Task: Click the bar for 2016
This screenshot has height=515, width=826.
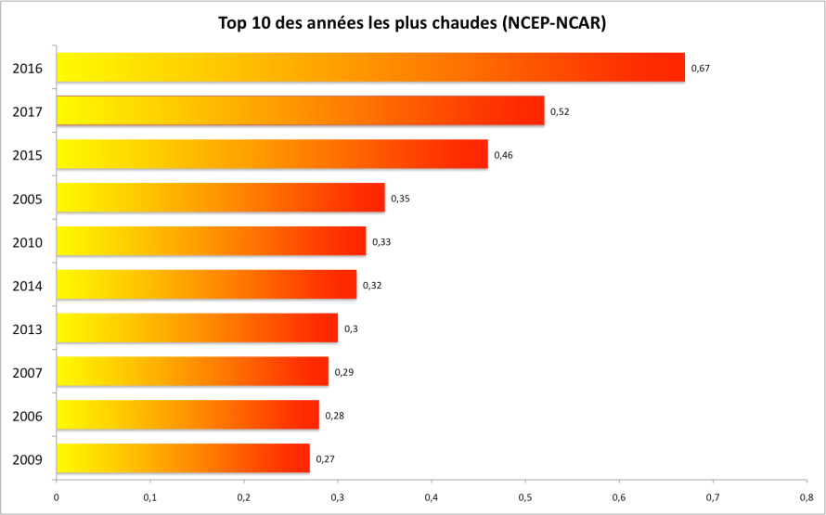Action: (x=370, y=68)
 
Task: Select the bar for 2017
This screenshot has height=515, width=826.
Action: (x=300, y=110)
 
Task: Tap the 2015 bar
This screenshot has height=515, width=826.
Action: (x=272, y=154)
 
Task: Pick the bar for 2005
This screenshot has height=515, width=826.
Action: (x=220, y=198)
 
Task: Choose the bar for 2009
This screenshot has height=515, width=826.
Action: (x=183, y=458)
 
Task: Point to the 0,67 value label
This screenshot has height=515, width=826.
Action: (x=700, y=68)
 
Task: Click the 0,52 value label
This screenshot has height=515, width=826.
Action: (x=560, y=111)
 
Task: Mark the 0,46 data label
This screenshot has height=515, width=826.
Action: (x=503, y=155)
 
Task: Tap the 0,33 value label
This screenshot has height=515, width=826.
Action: (x=381, y=242)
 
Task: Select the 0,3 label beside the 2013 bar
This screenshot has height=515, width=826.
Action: (x=351, y=328)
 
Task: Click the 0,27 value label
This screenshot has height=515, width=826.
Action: (x=325, y=459)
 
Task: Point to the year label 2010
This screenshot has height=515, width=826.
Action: (x=28, y=242)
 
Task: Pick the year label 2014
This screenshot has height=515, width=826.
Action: (x=28, y=286)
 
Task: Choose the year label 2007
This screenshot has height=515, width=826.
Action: (x=28, y=372)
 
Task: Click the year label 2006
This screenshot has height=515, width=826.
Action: (x=28, y=416)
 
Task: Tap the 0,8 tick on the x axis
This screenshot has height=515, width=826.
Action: (x=806, y=497)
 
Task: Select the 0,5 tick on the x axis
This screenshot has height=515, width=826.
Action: (x=524, y=497)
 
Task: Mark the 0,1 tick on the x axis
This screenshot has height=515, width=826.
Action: (x=150, y=497)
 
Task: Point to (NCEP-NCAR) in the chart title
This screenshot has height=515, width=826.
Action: (x=553, y=23)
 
